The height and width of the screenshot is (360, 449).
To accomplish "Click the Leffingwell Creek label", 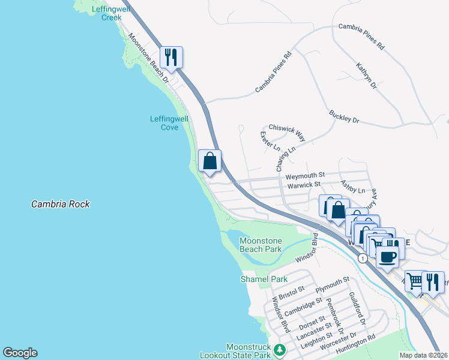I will pyautogui.click(x=107, y=13).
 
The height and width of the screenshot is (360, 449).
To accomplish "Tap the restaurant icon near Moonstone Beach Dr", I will pyautogui.click(x=171, y=58).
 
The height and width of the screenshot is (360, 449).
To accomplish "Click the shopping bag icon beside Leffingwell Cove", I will pyautogui.click(x=209, y=161).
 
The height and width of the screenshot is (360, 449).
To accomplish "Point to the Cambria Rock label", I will pyautogui.click(x=61, y=205).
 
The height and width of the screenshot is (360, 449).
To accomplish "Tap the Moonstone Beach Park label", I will pyautogui.click(x=261, y=245).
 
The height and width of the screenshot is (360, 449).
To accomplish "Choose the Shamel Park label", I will pyautogui.click(x=264, y=279).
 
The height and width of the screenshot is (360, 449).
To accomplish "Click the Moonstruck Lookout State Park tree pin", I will pyautogui.click(x=279, y=349).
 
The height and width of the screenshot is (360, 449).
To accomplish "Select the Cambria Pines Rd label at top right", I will pyautogui.click(x=361, y=35).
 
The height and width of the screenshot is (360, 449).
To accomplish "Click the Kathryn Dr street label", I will pyautogui.click(x=366, y=76).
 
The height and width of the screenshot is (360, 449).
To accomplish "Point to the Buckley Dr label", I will pyautogui.click(x=344, y=116).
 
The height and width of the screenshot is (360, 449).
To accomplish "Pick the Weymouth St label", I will pyautogui.click(x=304, y=176).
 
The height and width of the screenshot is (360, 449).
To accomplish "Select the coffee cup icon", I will pyautogui.click(x=387, y=257).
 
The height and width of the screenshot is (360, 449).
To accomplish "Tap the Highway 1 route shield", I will pyautogui.click(x=362, y=257).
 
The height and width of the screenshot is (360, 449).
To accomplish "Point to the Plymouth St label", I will pyautogui.click(x=333, y=284).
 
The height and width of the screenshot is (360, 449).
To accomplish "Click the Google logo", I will pyautogui.click(x=20, y=353).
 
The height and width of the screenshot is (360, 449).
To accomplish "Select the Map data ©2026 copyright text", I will pyautogui.click(x=423, y=355).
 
